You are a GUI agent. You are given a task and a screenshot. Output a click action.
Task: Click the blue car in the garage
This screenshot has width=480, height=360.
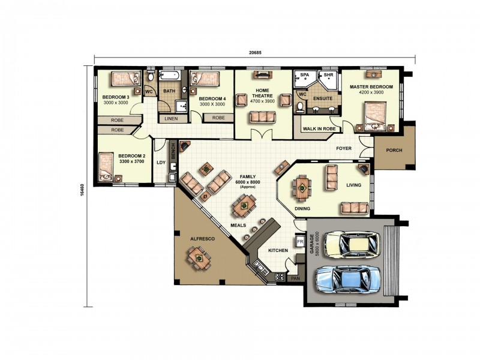click(x=349, y=279)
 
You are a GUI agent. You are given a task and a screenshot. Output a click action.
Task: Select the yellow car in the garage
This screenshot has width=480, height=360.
click(x=352, y=244)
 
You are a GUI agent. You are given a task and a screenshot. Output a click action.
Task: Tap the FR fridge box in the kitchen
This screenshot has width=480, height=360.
click(x=300, y=242)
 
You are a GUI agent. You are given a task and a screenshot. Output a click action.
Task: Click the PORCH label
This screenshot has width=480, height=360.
click(x=394, y=151)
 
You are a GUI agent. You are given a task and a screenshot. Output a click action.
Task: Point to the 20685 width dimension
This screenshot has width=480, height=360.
click(x=255, y=52)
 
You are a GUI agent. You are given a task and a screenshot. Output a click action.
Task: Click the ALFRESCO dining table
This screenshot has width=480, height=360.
click(x=199, y=259)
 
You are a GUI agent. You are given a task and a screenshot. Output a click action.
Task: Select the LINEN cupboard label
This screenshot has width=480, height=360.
click(x=171, y=118)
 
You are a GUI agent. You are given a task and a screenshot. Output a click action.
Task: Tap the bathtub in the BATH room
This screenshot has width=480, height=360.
click(x=170, y=76)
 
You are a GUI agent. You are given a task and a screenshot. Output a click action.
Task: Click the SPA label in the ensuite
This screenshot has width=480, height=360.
click(x=305, y=74)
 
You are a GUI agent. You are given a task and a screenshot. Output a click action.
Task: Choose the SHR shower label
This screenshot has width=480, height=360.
click(x=328, y=74)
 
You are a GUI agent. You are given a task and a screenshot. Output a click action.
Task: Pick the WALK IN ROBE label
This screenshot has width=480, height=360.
click(x=319, y=129)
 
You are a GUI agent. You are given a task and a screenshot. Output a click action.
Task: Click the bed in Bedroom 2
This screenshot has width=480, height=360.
click(x=106, y=167)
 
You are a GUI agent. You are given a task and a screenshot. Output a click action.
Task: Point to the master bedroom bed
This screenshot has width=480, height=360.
click(x=376, y=116)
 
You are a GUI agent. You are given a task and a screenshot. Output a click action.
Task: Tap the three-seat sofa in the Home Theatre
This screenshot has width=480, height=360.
click(x=263, y=117)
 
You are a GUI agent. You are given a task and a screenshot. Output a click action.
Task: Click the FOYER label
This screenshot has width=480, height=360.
click(x=344, y=148)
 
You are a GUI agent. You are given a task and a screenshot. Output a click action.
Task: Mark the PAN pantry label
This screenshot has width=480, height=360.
click(x=295, y=278)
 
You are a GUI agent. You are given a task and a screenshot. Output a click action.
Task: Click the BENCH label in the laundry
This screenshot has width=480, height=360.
click(x=173, y=152)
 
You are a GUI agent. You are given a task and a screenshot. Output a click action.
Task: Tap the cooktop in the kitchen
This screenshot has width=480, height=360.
click(x=280, y=277)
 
